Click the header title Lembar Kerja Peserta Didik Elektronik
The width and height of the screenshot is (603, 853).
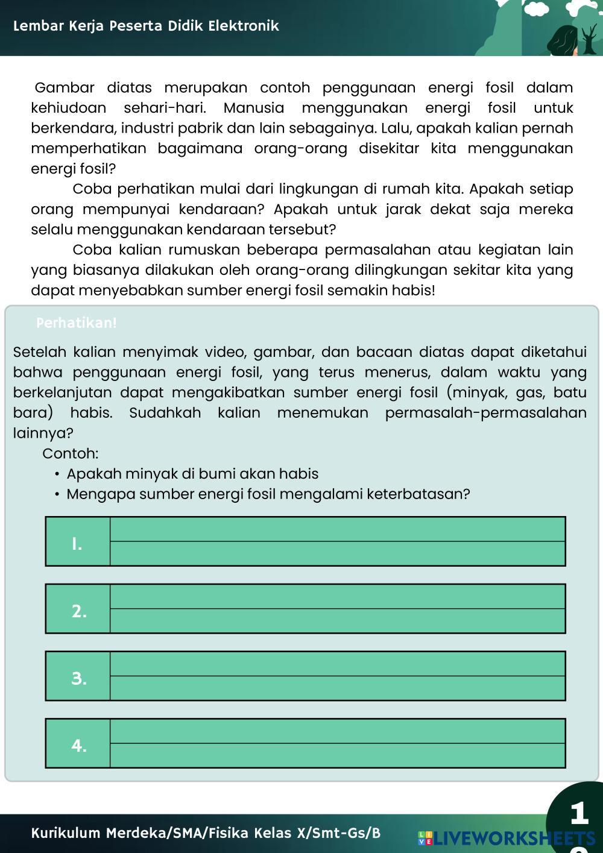[145, 26]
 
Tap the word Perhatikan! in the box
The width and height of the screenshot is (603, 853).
[77, 323]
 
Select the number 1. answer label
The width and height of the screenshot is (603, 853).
[77, 543]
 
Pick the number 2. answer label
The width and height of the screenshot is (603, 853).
[78, 611]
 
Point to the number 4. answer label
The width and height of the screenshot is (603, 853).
[78, 745]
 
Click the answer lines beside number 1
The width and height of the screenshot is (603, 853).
[338, 541]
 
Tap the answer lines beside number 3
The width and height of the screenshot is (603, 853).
[338, 676]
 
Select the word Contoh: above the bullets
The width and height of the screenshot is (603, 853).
[71, 453]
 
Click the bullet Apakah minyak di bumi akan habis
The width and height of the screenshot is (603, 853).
[192, 474]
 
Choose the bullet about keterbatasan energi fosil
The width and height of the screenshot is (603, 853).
[268, 494]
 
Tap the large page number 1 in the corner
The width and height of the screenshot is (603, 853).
[579, 813]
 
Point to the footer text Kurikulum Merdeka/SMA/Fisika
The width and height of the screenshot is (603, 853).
[206, 833]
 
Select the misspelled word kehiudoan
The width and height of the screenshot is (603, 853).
[69, 109]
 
